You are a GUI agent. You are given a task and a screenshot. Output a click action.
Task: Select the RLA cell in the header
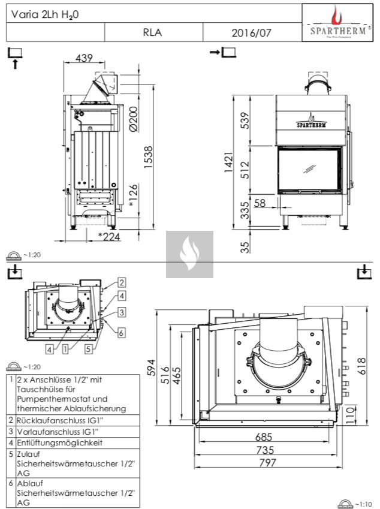[x=153, y=33]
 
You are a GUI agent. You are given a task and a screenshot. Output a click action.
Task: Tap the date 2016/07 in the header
[x=251, y=33]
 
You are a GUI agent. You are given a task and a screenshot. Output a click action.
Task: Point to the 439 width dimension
[x=84, y=58]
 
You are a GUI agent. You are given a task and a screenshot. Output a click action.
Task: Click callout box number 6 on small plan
[x=121, y=332]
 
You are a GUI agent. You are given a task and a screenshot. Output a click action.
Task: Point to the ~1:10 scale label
[x=364, y=505]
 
